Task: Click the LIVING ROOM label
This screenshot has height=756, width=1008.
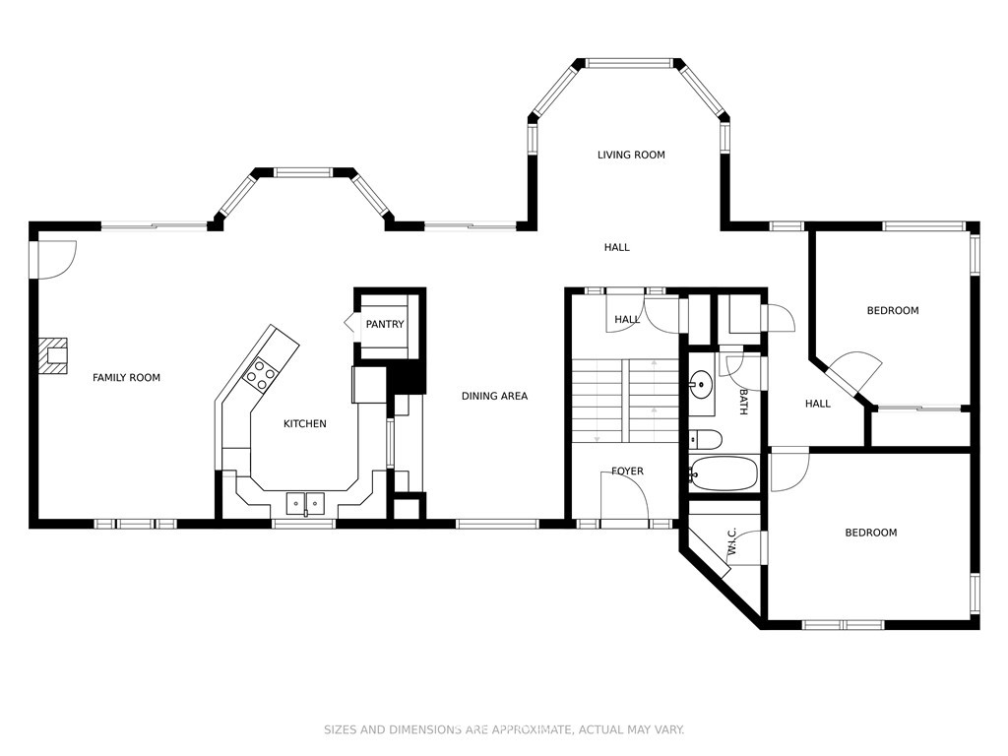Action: tap(631, 155)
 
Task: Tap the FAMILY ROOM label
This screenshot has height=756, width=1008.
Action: tap(126, 377)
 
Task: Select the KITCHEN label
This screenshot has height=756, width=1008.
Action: tap(305, 423)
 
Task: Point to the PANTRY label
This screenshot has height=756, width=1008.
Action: tap(385, 324)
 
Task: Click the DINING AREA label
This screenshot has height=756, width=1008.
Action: tap(494, 396)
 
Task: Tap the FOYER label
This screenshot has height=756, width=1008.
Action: tap(627, 472)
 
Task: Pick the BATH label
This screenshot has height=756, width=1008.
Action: tap(743, 402)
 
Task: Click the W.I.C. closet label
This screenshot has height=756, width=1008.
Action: tap(731, 542)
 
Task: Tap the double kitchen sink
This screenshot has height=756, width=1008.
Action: tap(305, 502)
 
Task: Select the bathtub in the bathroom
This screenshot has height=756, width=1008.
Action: tap(724, 473)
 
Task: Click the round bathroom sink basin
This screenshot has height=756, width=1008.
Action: tap(701, 385)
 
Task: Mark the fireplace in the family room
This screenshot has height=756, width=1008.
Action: tap(53, 355)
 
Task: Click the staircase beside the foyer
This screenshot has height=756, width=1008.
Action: tap(625, 401)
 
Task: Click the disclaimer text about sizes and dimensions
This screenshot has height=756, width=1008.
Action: tap(503, 729)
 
